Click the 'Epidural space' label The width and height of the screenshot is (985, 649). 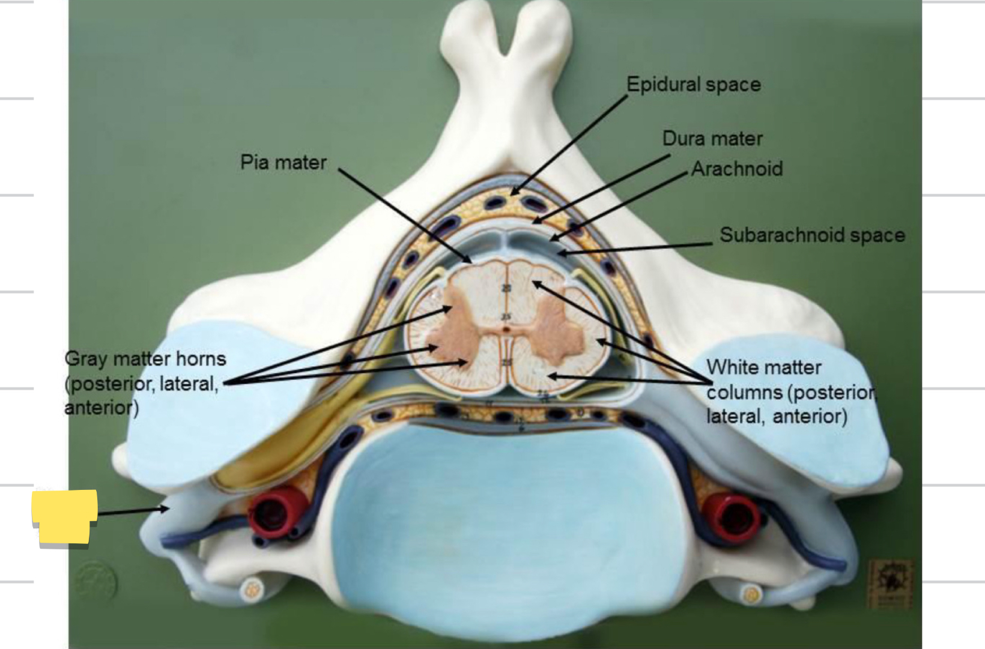[693, 85]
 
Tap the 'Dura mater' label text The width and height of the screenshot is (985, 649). [712, 139]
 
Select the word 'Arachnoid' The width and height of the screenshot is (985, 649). [737, 169]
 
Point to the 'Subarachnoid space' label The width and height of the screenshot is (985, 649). [812, 235]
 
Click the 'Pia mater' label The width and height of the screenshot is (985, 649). [283, 162]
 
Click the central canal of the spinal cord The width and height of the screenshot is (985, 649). [507, 329]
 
